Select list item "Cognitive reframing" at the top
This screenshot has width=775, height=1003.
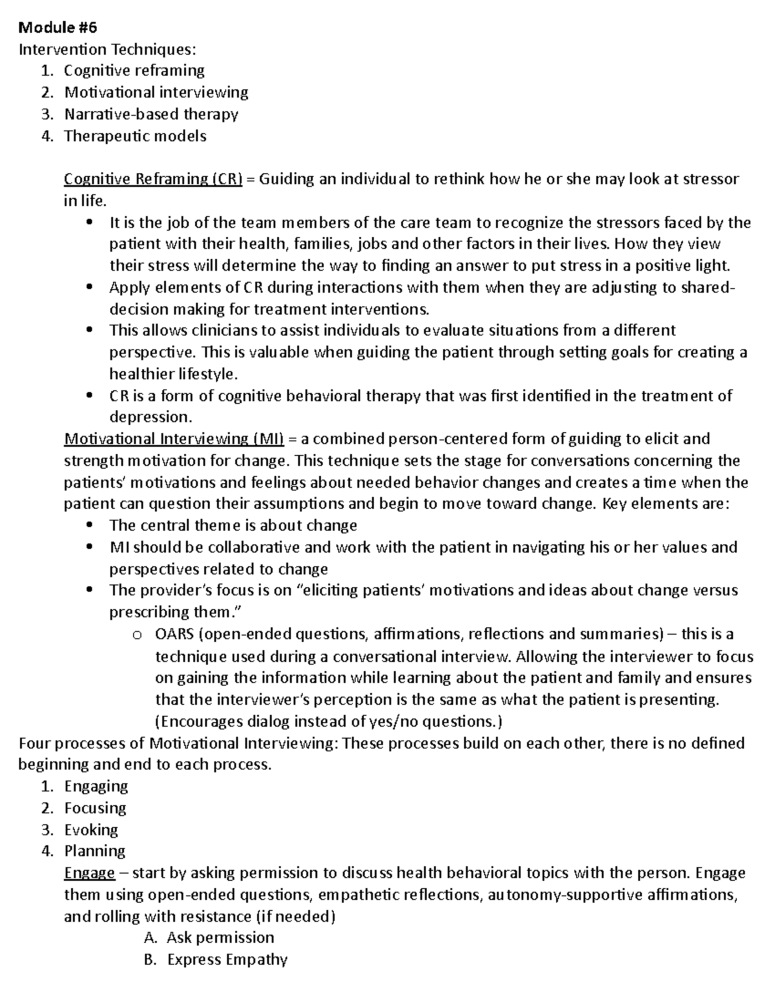(x=134, y=70)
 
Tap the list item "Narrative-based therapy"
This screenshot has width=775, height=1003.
(x=151, y=114)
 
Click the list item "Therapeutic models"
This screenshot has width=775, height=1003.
(x=135, y=136)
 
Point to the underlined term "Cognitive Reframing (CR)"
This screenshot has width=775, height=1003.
(x=153, y=179)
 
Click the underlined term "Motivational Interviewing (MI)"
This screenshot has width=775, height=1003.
(x=174, y=439)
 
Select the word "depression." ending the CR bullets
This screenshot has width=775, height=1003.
(x=151, y=417)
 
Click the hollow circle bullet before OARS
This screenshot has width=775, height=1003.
(x=136, y=636)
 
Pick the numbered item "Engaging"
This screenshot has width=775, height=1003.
(x=96, y=786)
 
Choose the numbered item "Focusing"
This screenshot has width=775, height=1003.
(x=95, y=808)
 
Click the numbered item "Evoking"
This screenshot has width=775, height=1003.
(x=91, y=830)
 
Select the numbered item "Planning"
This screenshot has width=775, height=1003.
(x=94, y=851)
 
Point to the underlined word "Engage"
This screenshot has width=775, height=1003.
(x=89, y=873)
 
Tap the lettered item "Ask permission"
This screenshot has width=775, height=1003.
(x=220, y=938)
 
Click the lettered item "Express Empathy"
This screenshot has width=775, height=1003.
(x=227, y=960)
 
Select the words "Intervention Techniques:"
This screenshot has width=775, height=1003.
(x=107, y=49)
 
